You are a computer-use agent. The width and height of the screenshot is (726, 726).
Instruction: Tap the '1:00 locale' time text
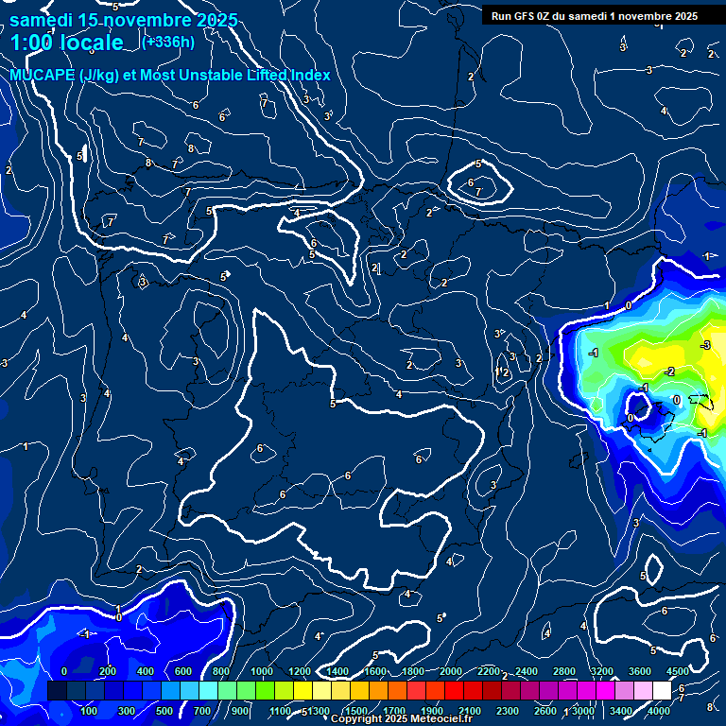click(x=67, y=43)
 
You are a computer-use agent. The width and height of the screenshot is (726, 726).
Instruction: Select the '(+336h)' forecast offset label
click(x=167, y=42)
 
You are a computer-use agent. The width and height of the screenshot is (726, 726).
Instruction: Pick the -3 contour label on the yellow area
click(x=705, y=346)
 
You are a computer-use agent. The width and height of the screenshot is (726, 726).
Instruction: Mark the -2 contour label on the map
click(x=669, y=372)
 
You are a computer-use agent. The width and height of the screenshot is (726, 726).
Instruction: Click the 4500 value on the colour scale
click(x=677, y=671)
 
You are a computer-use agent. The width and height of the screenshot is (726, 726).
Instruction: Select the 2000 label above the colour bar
click(x=451, y=671)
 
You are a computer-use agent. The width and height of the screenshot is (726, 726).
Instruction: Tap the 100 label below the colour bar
click(x=89, y=711)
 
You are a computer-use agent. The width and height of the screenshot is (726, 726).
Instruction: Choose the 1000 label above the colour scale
click(x=262, y=671)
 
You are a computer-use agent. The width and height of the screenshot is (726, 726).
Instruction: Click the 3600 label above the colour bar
click(x=640, y=671)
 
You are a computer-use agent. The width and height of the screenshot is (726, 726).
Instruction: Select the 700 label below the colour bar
click(x=201, y=711)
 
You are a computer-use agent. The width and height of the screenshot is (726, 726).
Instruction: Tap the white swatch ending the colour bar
click(x=662, y=691)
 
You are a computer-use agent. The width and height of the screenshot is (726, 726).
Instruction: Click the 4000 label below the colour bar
click(x=658, y=711)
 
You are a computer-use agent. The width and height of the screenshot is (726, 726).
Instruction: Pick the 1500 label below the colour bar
click(x=355, y=711)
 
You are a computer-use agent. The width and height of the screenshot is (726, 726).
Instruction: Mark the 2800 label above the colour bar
click(x=564, y=671)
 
